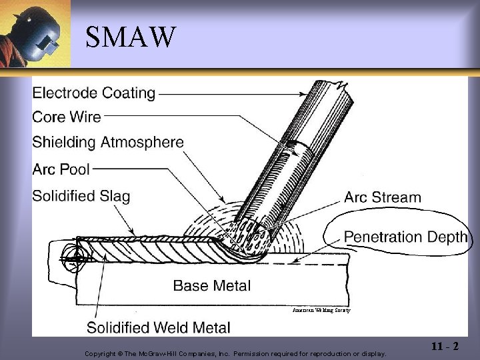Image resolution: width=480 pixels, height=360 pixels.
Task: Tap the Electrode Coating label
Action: [x=93, y=93]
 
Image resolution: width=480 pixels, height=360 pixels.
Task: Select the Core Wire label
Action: [x=67, y=117]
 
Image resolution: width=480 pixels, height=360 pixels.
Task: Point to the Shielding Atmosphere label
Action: [x=107, y=142]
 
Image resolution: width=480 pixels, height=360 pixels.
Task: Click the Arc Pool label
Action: [x=61, y=169]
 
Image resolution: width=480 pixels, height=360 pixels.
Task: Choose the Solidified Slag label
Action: [x=81, y=196]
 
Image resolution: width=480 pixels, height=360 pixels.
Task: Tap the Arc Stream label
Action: [x=383, y=197]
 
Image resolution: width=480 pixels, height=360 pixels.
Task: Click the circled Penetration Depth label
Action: [x=405, y=237]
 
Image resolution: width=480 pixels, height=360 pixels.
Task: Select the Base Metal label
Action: [x=212, y=286]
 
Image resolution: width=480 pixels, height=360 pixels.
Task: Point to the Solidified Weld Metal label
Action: [x=159, y=327]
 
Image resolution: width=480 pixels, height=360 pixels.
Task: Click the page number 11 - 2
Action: [x=445, y=346]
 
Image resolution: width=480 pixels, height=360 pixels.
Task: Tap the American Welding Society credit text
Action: [x=321, y=311]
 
